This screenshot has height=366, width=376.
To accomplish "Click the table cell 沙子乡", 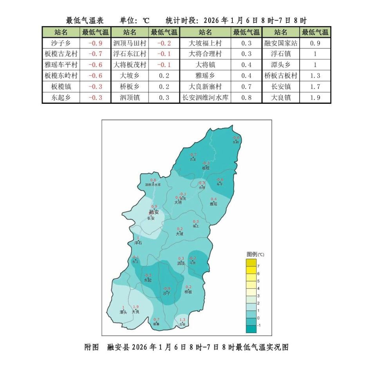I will (x=61, y=43).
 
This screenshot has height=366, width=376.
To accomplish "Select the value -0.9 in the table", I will (x=95, y=43).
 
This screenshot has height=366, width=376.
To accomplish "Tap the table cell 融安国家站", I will (x=281, y=43).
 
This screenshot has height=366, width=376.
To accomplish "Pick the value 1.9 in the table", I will (x=315, y=98).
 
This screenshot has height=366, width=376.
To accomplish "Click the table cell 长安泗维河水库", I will (x=205, y=98).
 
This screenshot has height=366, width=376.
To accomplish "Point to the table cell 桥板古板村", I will (x=281, y=76).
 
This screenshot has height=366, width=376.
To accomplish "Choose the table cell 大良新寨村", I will (x=205, y=87).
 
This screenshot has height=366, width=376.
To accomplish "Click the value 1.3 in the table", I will (x=315, y=76).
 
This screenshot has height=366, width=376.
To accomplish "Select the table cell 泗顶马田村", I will (x=130, y=43).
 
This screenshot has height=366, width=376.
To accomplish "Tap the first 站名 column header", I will (x=61, y=32).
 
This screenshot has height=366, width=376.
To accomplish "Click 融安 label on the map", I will (x=154, y=212).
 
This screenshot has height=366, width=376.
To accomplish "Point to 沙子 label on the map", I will (x=167, y=293).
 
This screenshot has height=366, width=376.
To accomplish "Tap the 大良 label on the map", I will (x=136, y=312).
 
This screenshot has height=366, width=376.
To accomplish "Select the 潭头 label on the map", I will (x=123, y=312).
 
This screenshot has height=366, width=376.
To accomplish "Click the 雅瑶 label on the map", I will (x=213, y=204).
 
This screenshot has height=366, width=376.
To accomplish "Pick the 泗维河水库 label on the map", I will (x=153, y=185).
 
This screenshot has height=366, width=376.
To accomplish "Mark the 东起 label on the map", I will (x=147, y=280).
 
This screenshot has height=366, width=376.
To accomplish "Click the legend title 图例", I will (x=251, y=254).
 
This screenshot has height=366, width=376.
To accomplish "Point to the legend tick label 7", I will (x=258, y=266).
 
